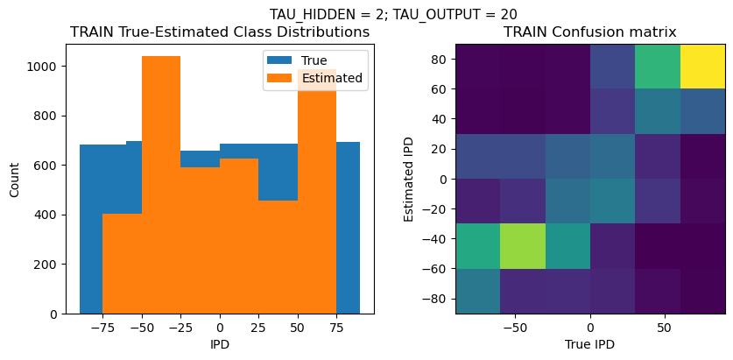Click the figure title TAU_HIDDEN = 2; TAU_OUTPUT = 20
point(392,14)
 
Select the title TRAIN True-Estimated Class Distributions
point(220,32)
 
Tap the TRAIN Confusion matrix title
point(589,32)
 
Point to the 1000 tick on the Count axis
point(46,67)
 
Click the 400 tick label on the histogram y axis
point(49,215)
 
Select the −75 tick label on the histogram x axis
point(102,327)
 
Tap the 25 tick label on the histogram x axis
point(258,327)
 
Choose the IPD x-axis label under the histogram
point(220,344)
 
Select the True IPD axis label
point(589,344)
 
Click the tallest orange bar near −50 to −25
point(160,184)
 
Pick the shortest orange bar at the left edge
point(122,263)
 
